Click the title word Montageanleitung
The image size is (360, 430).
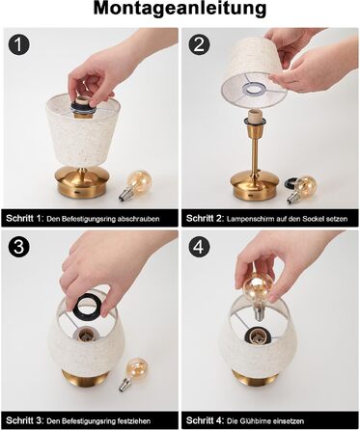(x=180, y=9)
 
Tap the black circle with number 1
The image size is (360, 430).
(x=19, y=44)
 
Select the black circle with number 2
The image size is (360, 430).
(x=199, y=44)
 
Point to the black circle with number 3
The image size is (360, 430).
(x=19, y=247)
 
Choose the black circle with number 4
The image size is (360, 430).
(x=199, y=247)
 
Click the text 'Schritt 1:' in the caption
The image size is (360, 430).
(x=25, y=219)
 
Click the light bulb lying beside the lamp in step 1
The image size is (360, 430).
(x=134, y=185)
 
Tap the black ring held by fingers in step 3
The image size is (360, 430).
(x=87, y=305)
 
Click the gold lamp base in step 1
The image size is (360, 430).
(x=83, y=181)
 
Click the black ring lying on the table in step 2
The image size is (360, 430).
(x=291, y=183)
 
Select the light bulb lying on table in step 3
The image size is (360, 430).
(x=134, y=374)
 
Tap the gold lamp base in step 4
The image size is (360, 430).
(x=256, y=378)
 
